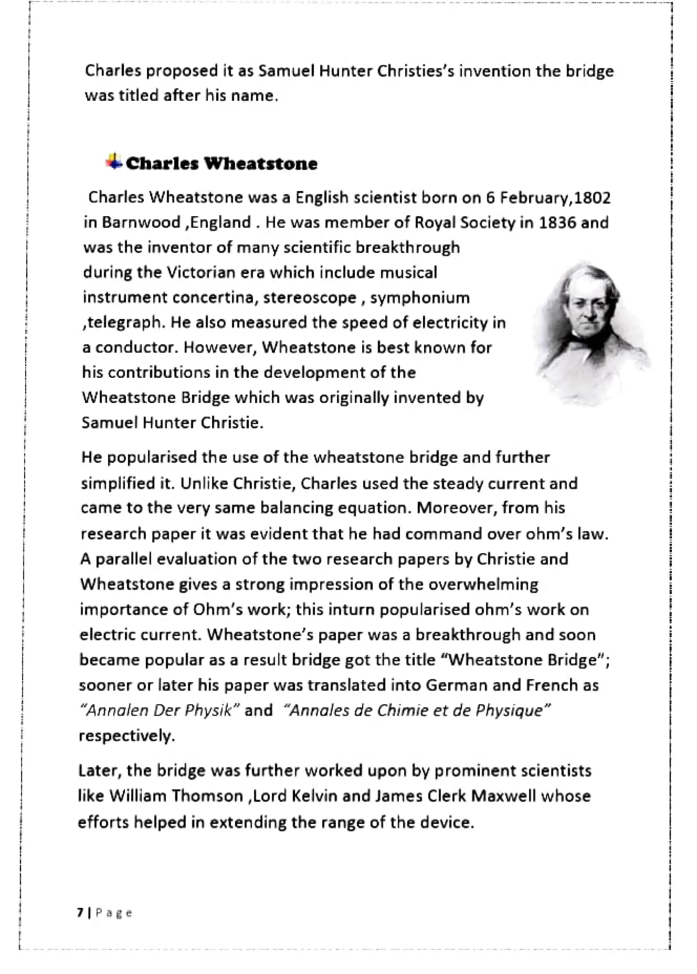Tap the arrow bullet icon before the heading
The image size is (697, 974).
click(113, 161)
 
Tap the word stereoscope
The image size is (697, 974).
click(309, 297)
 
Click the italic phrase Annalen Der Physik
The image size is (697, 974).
click(159, 711)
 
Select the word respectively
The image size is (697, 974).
click(127, 736)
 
